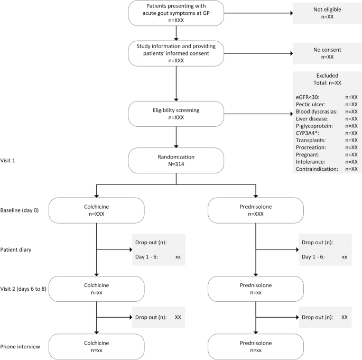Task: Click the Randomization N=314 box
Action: click(x=176, y=161)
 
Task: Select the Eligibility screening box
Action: click(x=176, y=114)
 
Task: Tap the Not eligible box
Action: click(x=327, y=13)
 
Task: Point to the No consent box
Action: click(x=327, y=53)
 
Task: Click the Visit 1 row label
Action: click(x=7, y=161)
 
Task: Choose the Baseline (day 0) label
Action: click(x=20, y=210)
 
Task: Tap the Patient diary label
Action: click(x=16, y=250)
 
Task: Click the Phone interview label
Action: click(x=20, y=347)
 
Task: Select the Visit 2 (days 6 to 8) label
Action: click(x=23, y=289)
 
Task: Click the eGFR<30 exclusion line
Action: click(x=327, y=97)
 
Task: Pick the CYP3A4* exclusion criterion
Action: click(x=327, y=133)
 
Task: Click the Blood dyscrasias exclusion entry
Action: click(x=327, y=112)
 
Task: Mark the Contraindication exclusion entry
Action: click(x=327, y=169)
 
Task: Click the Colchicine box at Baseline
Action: click(x=97, y=210)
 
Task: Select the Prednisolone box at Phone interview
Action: click(x=256, y=347)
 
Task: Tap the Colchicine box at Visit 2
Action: click(x=97, y=289)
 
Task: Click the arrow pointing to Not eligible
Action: click(x=258, y=13)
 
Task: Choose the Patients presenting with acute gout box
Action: click(x=176, y=13)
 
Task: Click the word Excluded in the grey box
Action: click(x=327, y=76)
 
